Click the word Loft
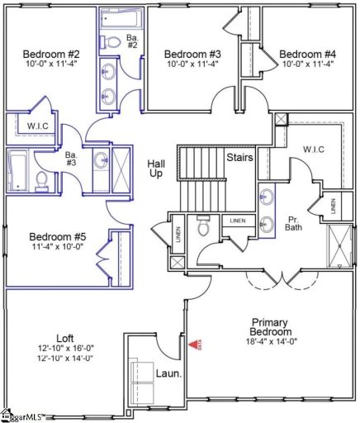coord(65,338)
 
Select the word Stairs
coord(239,156)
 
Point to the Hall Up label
coord(157,170)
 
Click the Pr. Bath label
coord(293,224)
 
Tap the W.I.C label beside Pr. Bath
coord(314,150)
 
